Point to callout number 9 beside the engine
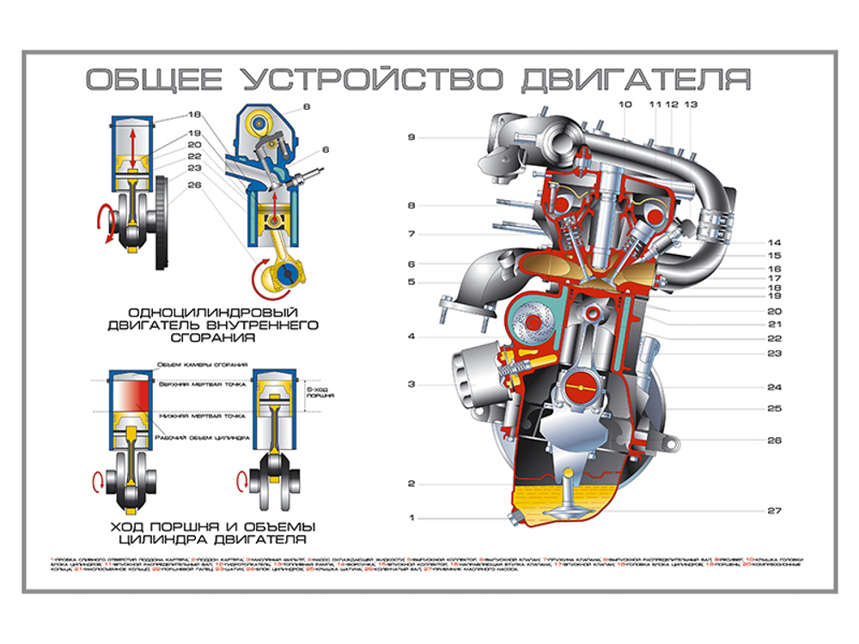pos(411,137)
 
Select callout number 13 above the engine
pos(691,104)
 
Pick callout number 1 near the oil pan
pos(411,517)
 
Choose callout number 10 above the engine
pos(624,104)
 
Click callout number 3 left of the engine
pos(411,384)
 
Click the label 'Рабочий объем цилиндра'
pos(202,438)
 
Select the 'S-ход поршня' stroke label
pos(320,393)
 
